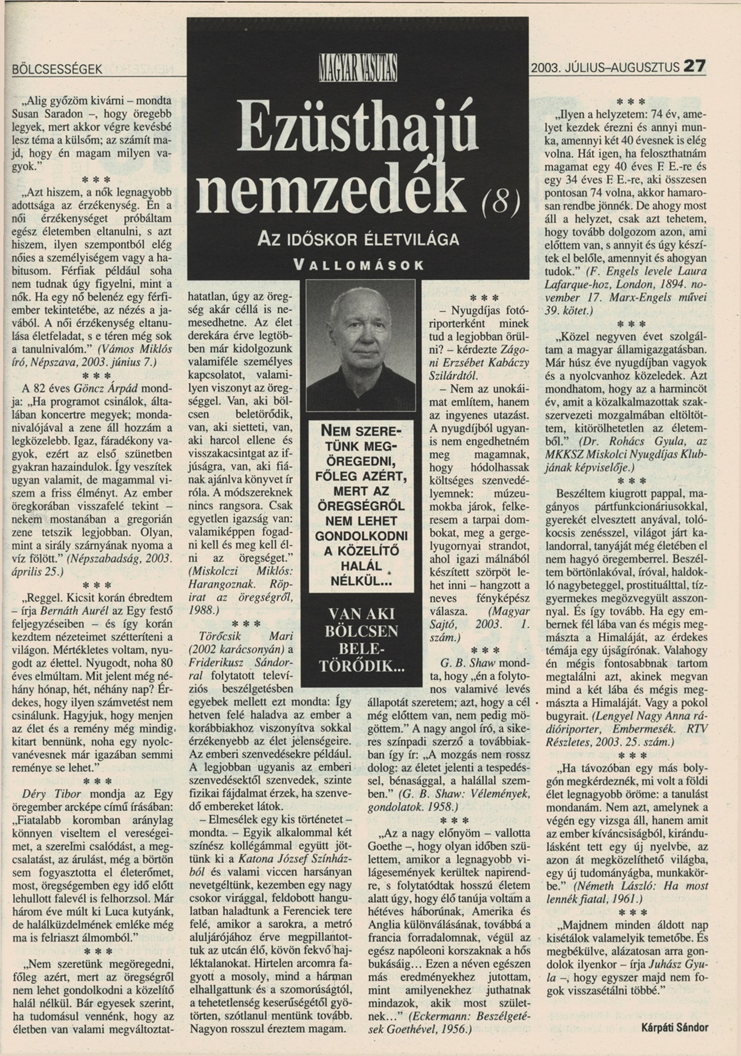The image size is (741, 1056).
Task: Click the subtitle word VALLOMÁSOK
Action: pyautogui.click(x=359, y=265)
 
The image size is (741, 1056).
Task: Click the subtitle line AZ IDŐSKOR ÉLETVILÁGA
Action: pyautogui.click(x=359, y=240)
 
